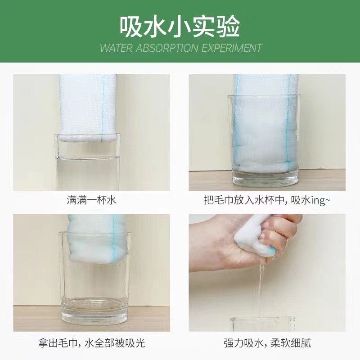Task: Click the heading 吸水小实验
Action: tap(180, 27)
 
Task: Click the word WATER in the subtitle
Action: tap(117, 48)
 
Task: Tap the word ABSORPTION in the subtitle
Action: tap(167, 48)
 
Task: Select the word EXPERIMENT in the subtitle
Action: tap(232, 48)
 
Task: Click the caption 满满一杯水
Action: tap(92, 200)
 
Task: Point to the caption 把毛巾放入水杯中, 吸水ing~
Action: tap(267, 200)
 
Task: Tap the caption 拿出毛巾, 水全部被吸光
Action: tap(92, 343)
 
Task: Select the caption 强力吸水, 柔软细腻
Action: tap(267, 343)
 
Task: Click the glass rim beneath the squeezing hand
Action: tap(263, 319)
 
